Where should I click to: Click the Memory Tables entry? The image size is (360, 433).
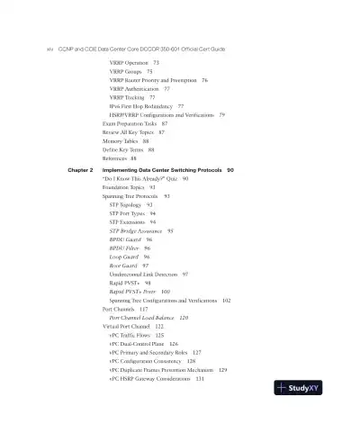coord(121,140)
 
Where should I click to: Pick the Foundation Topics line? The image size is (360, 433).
coord(124,187)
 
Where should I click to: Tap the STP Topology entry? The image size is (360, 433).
coord(130,204)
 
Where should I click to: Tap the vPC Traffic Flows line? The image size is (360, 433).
coord(135,334)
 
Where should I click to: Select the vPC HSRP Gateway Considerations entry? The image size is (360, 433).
coord(162,377)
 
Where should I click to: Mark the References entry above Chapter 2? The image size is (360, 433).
coord(119,158)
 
